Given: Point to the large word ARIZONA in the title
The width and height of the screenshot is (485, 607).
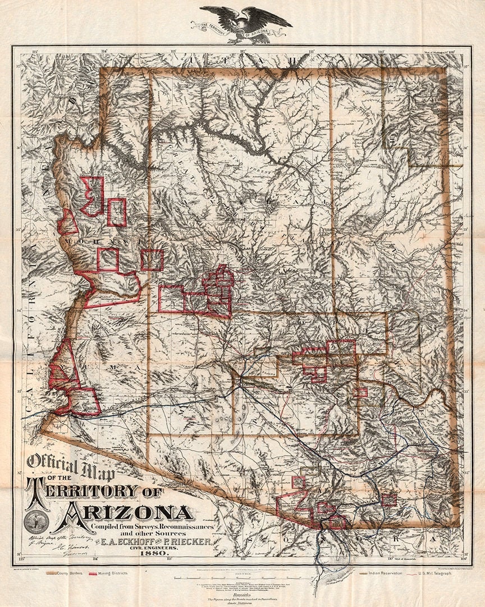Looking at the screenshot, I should pyautogui.click(x=129, y=512).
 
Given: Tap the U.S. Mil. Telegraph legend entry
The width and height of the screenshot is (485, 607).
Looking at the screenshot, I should pyautogui.click(x=442, y=573).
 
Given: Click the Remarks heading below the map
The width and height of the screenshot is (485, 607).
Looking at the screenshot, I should pyautogui.click(x=242, y=594).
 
